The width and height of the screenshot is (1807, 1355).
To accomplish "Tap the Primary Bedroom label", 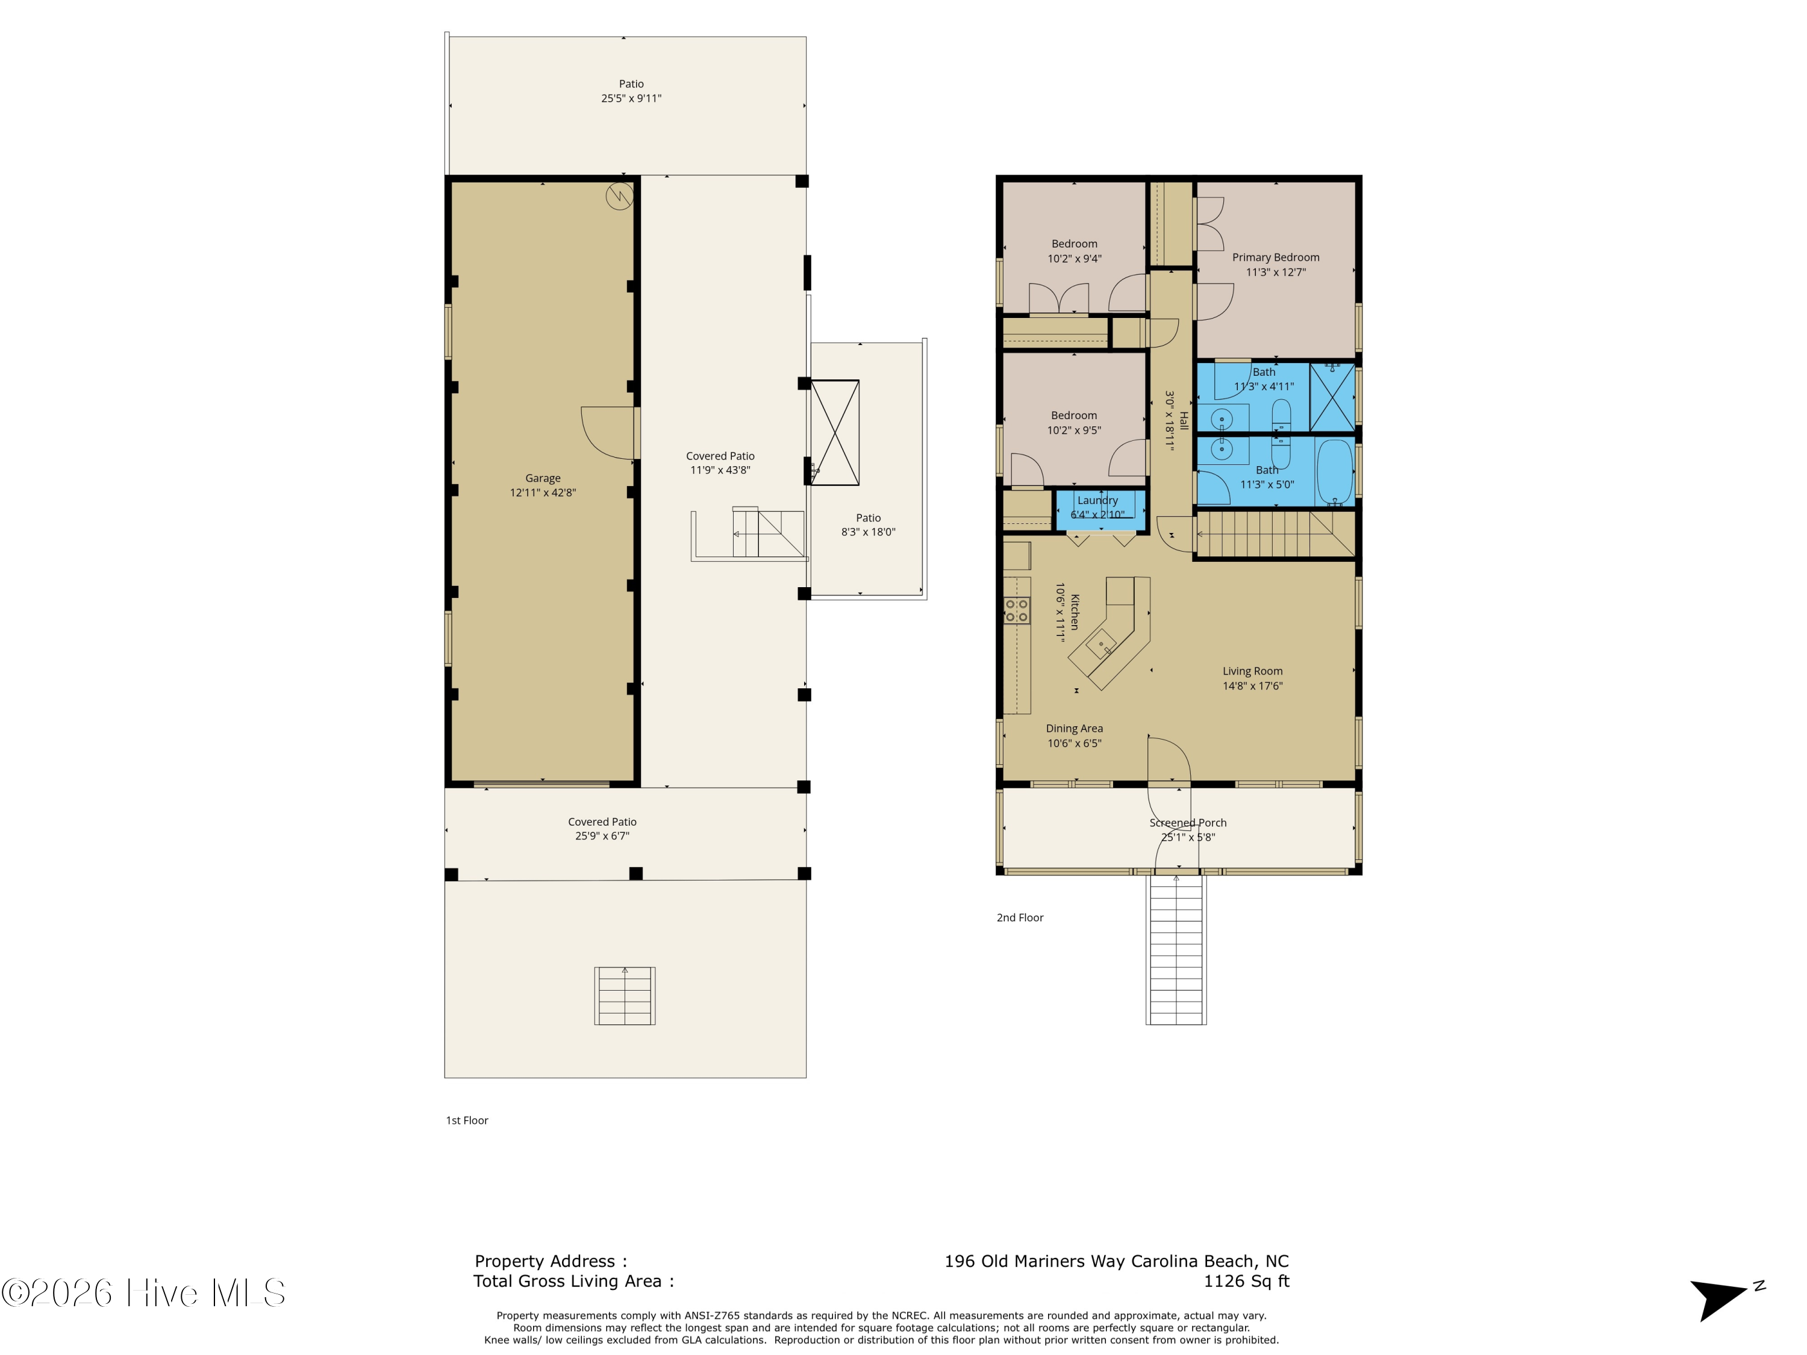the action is tap(1275, 257).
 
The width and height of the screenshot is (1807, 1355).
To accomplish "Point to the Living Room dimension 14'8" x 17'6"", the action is tap(1252, 686).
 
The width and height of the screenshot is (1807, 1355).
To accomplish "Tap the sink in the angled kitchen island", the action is tap(1100, 644).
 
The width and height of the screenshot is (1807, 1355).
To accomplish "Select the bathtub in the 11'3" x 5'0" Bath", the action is tap(1335, 473).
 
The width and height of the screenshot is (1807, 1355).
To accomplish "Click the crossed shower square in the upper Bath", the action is tap(1332, 397).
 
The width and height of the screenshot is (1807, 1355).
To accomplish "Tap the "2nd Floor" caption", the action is tap(1020, 917).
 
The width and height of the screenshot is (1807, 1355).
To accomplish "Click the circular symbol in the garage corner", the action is tap(619, 196).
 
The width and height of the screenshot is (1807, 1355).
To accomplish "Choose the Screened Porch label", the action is tap(1188, 823).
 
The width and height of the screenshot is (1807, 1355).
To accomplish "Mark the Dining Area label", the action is tap(1074, 729).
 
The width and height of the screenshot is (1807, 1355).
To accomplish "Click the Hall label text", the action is tap(1184, 420).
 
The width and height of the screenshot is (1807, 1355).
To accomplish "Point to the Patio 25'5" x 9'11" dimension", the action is tap(631, 98).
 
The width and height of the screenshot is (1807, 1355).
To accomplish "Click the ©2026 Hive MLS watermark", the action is tap(143, 1293).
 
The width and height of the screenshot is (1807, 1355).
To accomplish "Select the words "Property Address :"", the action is tap(551, 1261).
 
